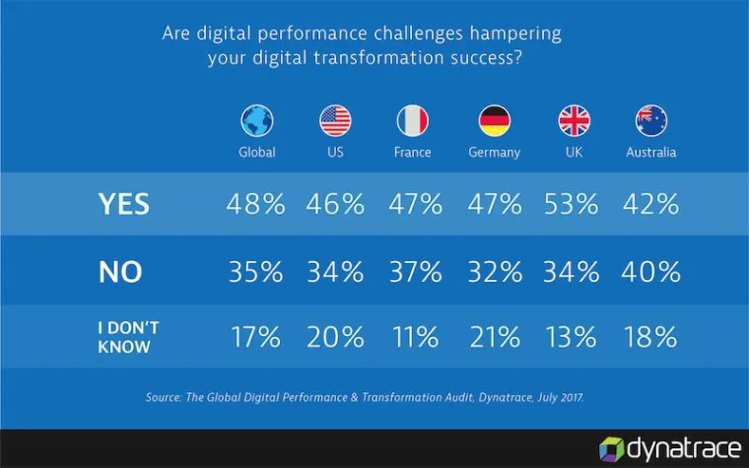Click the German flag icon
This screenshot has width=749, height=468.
494,121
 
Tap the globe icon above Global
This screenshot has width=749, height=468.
256,121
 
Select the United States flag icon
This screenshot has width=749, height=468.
335,121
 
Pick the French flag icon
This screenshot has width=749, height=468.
413,121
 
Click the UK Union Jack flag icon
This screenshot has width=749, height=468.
574,121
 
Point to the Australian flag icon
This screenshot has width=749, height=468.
651,121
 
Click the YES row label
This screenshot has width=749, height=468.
124,204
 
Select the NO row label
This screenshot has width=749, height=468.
121,271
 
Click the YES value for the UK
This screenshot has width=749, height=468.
572,204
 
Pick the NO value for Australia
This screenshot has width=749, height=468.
650,271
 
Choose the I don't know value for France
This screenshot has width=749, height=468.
413,337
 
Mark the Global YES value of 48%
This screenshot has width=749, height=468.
255,204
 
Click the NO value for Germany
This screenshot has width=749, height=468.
493,271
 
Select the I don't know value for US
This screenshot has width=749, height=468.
334,337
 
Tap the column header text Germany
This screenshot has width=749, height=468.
494,153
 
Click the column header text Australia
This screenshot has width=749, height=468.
651,153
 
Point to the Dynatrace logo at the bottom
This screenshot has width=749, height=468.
669,449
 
